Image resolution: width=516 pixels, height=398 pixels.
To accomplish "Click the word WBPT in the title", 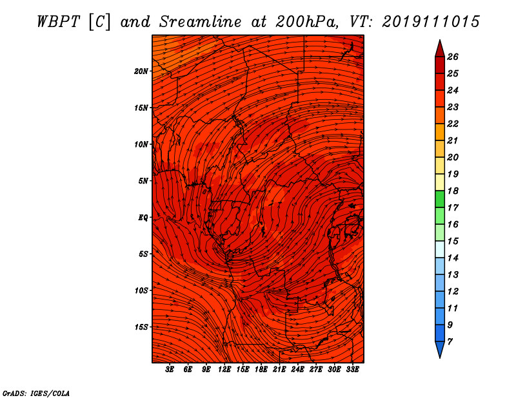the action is [58, 22].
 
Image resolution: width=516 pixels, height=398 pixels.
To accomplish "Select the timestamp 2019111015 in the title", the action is [431, 22].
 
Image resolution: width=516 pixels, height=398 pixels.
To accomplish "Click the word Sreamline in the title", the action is [200, 22].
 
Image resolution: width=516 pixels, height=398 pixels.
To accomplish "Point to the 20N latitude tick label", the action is [141, 71].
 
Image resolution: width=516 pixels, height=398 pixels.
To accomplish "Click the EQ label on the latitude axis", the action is [143, 218].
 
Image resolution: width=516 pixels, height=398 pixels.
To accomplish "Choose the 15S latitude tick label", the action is [141, 327].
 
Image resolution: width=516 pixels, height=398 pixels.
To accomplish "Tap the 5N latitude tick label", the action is [143, 181].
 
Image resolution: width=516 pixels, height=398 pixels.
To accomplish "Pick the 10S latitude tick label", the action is [141, 290].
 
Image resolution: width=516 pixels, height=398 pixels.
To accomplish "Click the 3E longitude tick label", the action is [170, 370].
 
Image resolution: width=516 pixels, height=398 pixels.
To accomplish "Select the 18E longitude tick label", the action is [261, 370].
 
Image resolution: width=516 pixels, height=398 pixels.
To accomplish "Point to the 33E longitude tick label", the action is [352, 370].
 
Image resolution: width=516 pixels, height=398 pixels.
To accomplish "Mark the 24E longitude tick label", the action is [297, 370].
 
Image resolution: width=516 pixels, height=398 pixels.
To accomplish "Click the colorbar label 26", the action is [453, 57].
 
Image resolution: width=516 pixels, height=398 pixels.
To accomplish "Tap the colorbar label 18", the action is [453, 191].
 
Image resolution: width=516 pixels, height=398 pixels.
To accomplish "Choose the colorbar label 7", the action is [450, 342].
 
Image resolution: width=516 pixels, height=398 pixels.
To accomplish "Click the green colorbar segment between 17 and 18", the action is [440, 199].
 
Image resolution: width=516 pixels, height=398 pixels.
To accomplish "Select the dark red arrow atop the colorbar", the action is [440, 48].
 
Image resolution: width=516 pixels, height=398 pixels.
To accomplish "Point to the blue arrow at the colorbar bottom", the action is [440, 350].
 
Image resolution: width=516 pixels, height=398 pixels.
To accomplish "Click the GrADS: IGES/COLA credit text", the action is [36, 393].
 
